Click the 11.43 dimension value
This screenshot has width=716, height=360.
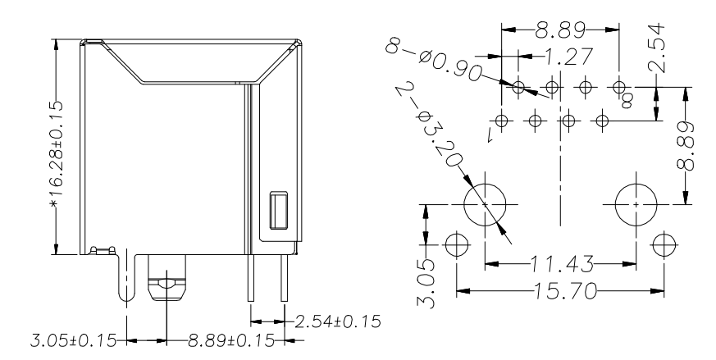pos(560,264)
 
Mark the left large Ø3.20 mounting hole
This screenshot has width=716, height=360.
pos(486,203)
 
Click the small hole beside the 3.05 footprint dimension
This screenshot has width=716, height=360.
pos(456,244)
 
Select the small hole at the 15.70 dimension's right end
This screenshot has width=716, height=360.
pos(663,244)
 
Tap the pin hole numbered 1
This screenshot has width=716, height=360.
pos(501,121)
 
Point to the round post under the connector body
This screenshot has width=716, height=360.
pos(166,283)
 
